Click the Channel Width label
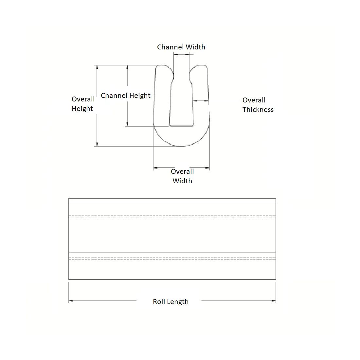point(181,47)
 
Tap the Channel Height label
point(126,96)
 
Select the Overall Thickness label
point(258,105)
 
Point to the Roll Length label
point(171,302)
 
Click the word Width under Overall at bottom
point(182,181)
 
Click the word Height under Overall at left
point(82,109)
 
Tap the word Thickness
point(258,110)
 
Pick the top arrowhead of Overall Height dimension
point(97,67)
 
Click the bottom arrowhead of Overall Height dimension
point(97,144)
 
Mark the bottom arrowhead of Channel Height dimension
point(127,124)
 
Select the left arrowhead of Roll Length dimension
point(71,301)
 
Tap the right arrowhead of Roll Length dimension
point(274,301)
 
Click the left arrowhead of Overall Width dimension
point(155,168)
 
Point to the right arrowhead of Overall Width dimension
point(207,168)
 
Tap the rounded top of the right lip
point(199,66)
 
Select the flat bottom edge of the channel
point(181,126)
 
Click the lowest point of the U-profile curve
point(181,146)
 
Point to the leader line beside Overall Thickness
point(224,101)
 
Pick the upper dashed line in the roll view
point(172,217)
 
